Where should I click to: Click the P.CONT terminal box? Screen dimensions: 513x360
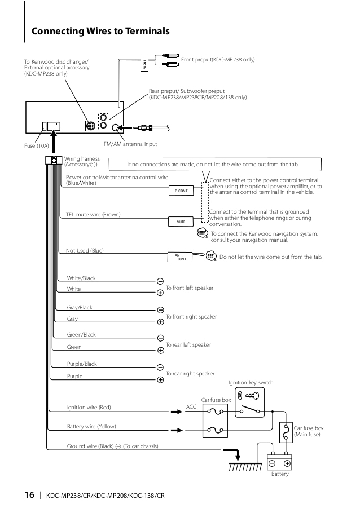point(181,191)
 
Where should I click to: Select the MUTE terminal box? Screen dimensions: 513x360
point(181,222)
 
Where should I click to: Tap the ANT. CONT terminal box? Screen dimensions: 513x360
point(181,257)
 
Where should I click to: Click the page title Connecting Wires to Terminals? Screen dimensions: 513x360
point(100,32)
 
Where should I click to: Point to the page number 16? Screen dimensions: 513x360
point(29,496)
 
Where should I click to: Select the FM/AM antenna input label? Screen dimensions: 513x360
point(130,144)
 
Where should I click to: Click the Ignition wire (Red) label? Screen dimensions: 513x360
point(89,407)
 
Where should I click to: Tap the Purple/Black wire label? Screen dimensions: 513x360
point(82,364)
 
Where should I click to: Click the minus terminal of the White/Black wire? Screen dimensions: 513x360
point(160,281)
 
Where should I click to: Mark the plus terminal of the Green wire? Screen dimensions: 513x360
point(160,350)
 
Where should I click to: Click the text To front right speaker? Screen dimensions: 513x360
point(191,317)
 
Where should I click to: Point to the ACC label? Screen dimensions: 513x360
point(191,406)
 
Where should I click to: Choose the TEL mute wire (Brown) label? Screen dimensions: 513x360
point(93,215)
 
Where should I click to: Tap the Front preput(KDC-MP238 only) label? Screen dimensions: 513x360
point(218,59)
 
